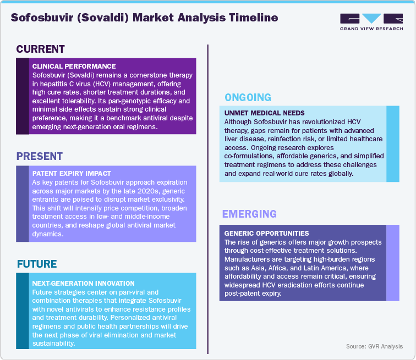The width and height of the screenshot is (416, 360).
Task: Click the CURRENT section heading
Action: (x=41, y=49)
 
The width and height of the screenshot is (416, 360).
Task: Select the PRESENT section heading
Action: (x=40, y=156)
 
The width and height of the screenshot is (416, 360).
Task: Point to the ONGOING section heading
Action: (x=248, y=98)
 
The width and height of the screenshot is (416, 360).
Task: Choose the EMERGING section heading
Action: (x=249, y=213)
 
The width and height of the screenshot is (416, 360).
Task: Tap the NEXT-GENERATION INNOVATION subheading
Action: (x=83, y=284)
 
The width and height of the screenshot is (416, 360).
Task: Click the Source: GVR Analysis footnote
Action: (x=374, y=347)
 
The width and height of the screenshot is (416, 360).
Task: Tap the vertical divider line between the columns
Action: (x=207, y=198)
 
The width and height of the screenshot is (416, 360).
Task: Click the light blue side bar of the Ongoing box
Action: (x=393, y=143)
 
